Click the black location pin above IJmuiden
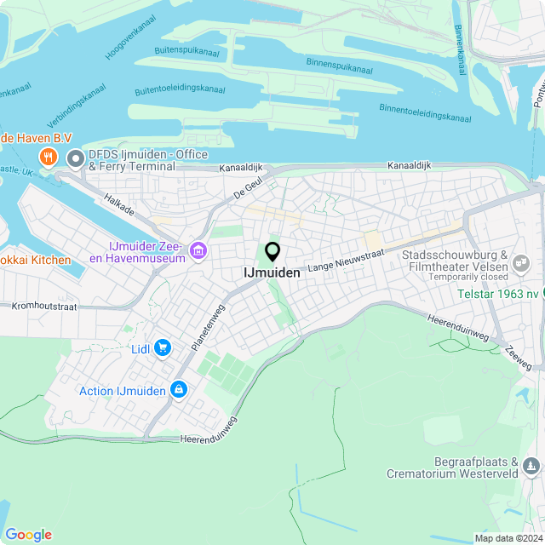[x=272, y=252]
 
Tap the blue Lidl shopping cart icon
[x=163, y=347]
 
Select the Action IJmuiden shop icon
[x=179, y=390]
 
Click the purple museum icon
[x=198, y=250]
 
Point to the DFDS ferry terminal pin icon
[x=76, y=158]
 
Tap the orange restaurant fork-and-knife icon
[x=49, y=157]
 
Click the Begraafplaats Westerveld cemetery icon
[x=531, y=465]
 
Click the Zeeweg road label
[x=518, y=358]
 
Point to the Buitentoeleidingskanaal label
[x=180, y=90]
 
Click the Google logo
[x=28, y=534]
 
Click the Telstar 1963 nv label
[x=496, y=294]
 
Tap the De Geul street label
[x=246, y=188]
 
